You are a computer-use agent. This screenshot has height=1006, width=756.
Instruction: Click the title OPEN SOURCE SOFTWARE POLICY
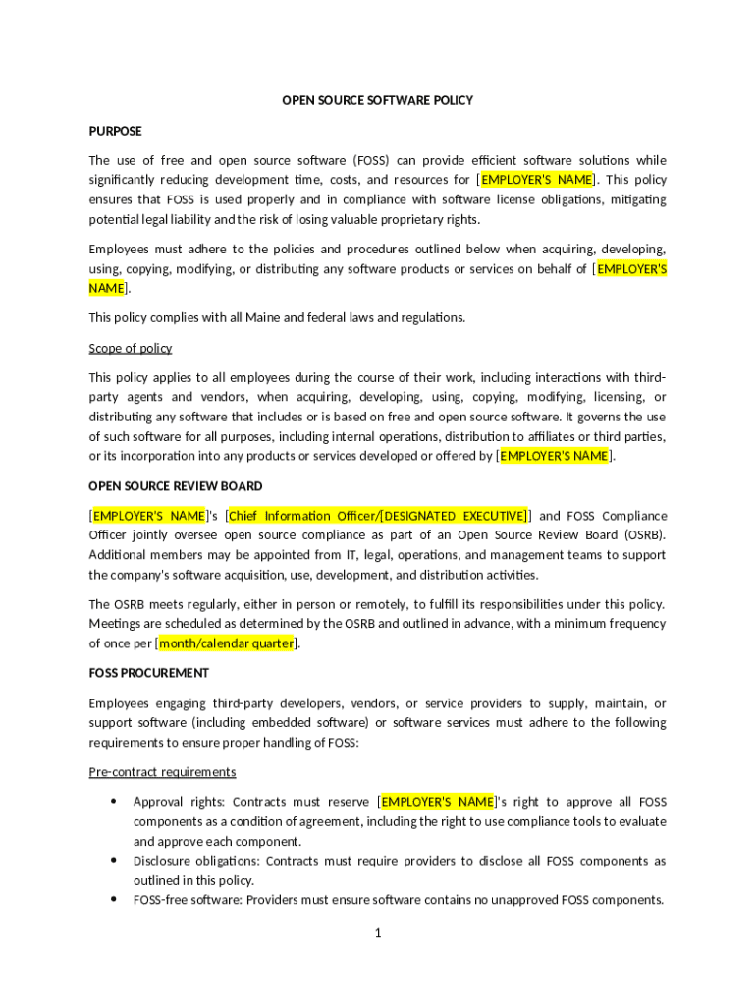click(x=378, y=100)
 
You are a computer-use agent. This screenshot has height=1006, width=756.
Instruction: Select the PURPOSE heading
click(x=115, y=131)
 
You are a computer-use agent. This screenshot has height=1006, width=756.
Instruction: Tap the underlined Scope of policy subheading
click(x=131, y=348)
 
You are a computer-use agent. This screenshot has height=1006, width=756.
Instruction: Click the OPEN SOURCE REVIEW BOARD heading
click(x=176, y=486)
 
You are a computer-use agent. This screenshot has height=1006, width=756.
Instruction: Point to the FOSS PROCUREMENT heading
click(x=148, y=673)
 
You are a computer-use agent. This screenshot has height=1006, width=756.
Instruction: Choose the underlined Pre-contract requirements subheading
click(x=162, y=772)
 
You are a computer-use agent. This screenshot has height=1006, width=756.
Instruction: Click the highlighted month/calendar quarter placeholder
click(x=227, y=643)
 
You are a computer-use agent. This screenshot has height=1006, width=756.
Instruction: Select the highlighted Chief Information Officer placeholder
click(x=378, y=516)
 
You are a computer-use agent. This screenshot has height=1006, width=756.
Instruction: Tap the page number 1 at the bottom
click(x=377, y=933)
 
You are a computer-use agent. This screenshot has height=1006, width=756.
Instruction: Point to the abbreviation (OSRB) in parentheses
click(x=643, y=535)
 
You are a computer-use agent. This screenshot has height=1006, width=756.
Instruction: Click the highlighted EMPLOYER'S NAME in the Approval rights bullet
click(x=438, y=802)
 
